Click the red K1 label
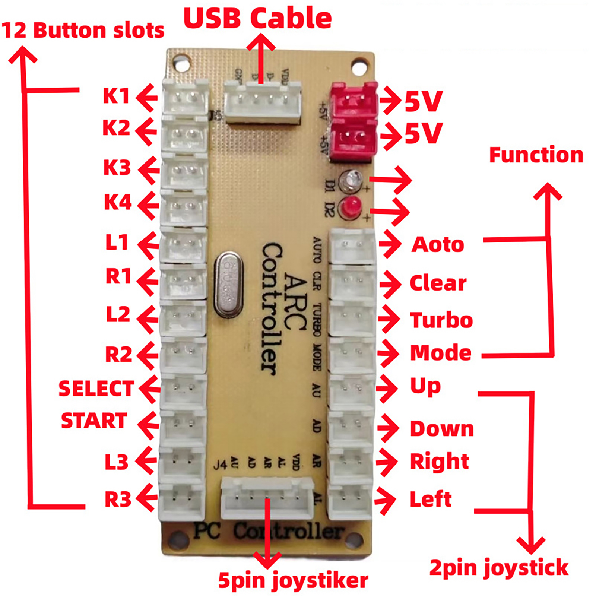(116, 96)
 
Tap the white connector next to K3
(184, 171)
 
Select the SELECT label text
(96, 389)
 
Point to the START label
(94, 421)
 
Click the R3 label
(118, 500)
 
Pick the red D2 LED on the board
(350, 207)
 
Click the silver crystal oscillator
(228, 285)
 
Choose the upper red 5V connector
(354, 100)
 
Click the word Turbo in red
(441, 320)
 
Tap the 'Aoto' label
(438, 245)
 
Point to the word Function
(536, 155)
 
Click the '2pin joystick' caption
(499, 568)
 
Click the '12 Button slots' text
(83, 31)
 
